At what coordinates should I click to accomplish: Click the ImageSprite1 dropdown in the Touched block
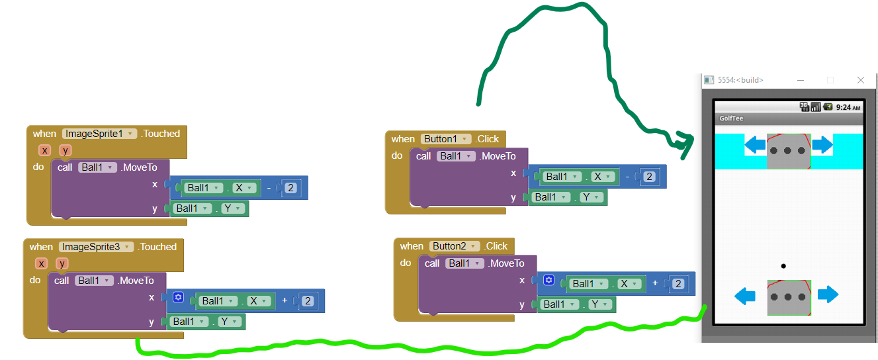[99, 134]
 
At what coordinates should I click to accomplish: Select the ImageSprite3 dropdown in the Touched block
[96, 247]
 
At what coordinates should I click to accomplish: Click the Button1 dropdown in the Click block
[445, 139]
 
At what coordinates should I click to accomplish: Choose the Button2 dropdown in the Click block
[454, 246]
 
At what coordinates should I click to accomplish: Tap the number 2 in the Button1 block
[649, 177]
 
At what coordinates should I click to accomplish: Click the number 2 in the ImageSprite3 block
[308, 301]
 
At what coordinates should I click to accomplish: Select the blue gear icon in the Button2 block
[549, 281]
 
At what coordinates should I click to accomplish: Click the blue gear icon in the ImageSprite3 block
[178, 298]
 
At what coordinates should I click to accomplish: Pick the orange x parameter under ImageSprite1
[44, 150]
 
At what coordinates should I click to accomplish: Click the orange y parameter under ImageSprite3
[62, 263]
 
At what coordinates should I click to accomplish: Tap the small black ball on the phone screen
[783, 266]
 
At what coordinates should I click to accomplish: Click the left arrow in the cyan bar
[755, 145]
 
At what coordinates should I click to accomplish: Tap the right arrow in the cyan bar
[822, 145]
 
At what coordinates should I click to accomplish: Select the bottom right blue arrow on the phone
[828, 294]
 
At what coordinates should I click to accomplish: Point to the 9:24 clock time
[848, 107]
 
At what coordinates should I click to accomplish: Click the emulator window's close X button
[861, 80]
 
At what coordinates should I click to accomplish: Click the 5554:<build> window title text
[740, 80]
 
